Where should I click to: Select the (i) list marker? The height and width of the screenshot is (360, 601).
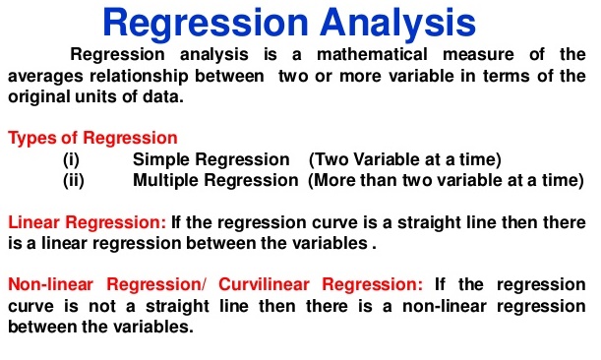point(71,160)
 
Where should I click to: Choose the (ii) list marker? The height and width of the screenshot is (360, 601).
point(73,181)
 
